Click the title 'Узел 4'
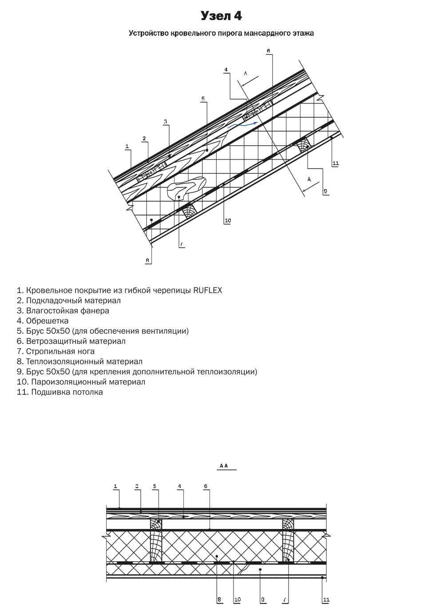click(x=221, y=16)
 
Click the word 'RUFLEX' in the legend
click(x=207, y=290)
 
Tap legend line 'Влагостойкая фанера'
click(x=63, y=311)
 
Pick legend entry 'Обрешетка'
click(x=43, y=321)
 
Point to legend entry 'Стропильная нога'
click(x=55, y=352)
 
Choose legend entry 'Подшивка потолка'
click(x=60, y=393)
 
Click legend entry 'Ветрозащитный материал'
click(x=71, y=342)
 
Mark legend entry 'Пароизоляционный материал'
click(x=81, y=382)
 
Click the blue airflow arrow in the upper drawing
click(x=242, y=124)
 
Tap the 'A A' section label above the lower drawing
click(x=223, y=466)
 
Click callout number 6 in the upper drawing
click(x=268, y=51)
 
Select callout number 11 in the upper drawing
click(x=335, y=163)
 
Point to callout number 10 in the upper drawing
click(x=228, y=221)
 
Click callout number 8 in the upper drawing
click(x=148, y=261)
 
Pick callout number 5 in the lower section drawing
click(x=155, y=486)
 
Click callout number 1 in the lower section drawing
click(x=115, y=486)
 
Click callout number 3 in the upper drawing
click(x=165, y=121)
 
